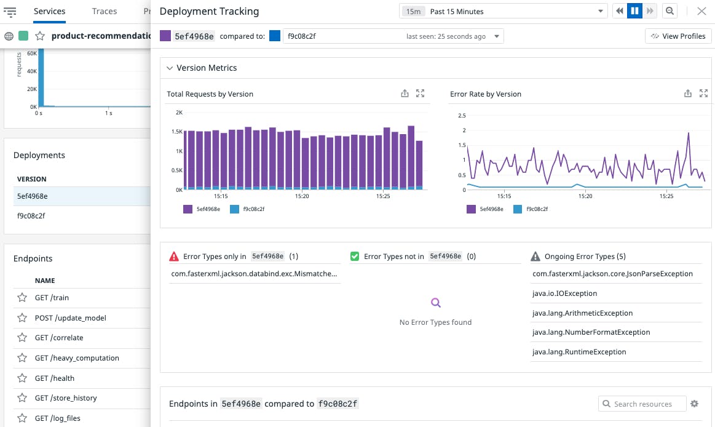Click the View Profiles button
tap(678, 36)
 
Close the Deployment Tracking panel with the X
tap(701, 11)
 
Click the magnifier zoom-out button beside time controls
tap(670, 11)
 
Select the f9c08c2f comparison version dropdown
tap(393, 36)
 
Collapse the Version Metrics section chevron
tap(170, 68)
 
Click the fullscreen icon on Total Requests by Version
tap(421, 94)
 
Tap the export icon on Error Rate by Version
tap(688, 94)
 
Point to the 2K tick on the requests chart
tap(179, 113)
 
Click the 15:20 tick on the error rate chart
tap(585, 196)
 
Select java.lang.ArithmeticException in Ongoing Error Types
tap(582, 313)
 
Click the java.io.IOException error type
tap(564, 293)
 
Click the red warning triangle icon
tap(174, 257)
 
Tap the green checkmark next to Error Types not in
tap(355, 257)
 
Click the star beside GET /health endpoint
tap(22, 378)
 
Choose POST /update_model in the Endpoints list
tap(70, 318)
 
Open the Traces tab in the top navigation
tap(105, 11)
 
